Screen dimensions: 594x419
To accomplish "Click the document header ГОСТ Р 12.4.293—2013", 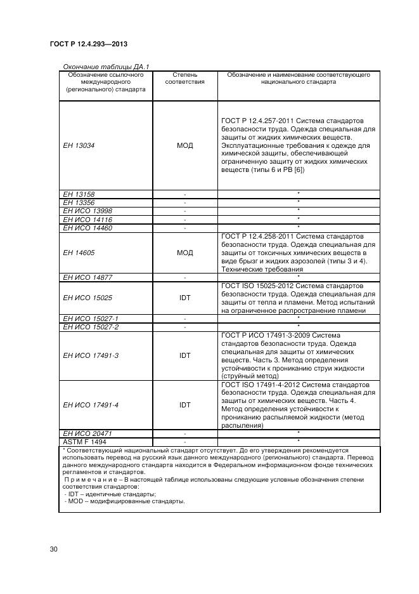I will coord(93,44).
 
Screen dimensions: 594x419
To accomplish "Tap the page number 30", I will coord(54,549).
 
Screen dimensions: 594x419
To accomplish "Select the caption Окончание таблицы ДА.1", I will coord(105,67).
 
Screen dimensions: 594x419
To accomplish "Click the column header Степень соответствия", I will coord(184,78).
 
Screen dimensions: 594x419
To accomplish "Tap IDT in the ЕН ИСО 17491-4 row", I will coord(184,404).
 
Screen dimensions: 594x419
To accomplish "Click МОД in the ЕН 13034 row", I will coord(184,145).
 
